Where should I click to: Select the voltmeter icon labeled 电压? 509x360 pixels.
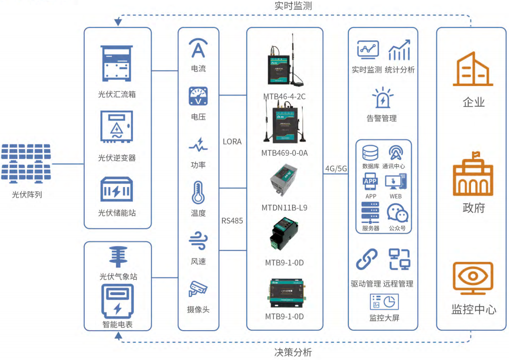198,96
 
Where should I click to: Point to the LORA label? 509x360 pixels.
232,142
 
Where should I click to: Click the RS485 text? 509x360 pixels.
232,221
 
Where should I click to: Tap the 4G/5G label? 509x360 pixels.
336,169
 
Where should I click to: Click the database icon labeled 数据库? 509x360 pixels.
370,153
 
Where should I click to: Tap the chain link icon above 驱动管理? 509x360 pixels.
366,260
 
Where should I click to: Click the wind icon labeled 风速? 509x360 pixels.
198,241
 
